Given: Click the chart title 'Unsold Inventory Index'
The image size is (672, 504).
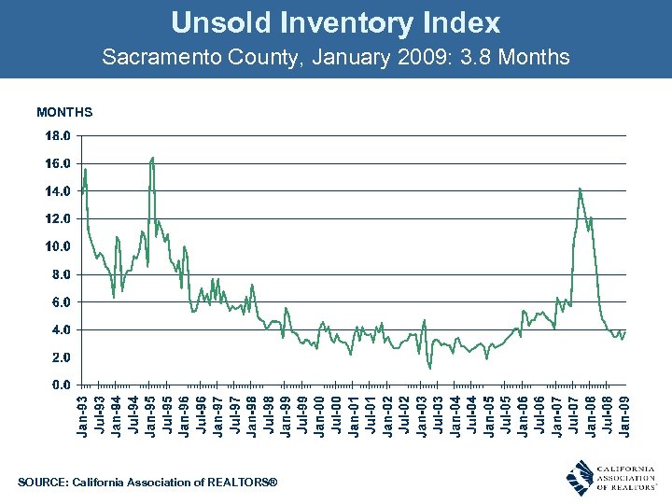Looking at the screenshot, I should click(x=336, y=22).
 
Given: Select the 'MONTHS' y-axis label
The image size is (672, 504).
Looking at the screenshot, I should click(x=64, y=113).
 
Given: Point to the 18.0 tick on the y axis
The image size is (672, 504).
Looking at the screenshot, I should click(x=58, y=135).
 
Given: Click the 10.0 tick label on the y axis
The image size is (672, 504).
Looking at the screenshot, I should click(x=58, y=246).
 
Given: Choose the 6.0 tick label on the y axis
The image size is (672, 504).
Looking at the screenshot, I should click(x=58, y=302).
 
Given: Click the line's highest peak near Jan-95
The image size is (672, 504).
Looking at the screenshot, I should click(x=152, y=158).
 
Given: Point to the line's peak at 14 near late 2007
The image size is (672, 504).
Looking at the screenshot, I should click(x=580, y=189).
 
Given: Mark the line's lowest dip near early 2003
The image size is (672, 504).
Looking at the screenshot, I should click(x=429, y=368).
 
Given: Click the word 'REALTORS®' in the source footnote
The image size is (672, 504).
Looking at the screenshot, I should click(x=245, y=483).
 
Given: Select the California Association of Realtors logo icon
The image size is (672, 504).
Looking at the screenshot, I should click(x=581, y=476).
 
